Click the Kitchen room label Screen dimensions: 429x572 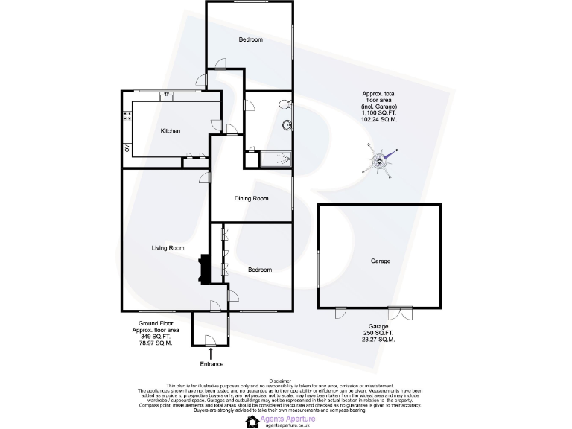171,131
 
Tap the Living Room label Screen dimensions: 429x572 168,248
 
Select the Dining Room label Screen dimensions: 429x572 251,198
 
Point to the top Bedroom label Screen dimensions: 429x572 251,39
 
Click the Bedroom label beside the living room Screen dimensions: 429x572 260,270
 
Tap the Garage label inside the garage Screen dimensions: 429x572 381,261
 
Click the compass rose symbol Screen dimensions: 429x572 381,161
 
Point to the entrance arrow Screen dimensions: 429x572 211,352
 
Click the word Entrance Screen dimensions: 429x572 212,364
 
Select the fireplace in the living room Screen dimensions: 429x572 203,270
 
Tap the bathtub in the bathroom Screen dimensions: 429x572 273,159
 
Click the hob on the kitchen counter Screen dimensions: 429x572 127,116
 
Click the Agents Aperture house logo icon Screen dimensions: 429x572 252,422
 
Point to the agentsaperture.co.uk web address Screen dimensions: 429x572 287,425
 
